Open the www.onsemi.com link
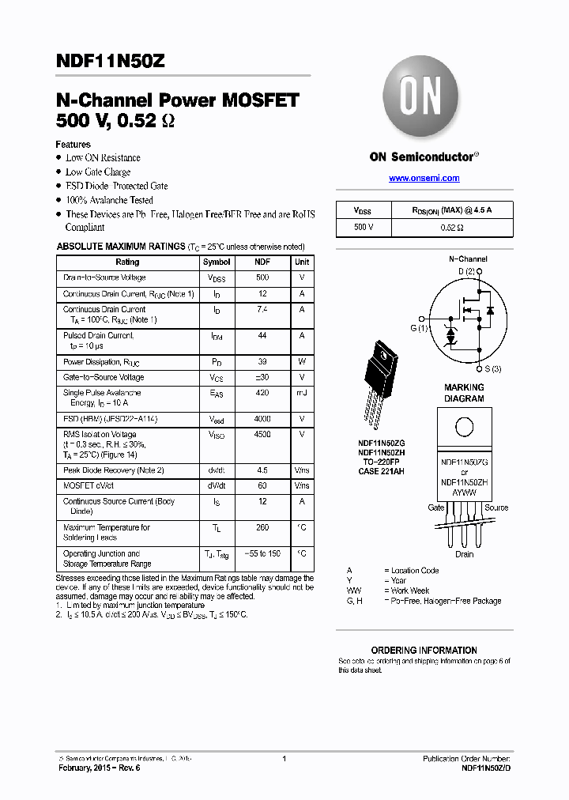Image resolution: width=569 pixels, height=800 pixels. pyautogui.click(x=424, y=178)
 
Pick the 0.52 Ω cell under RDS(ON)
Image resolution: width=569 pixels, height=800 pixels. pyautogui.click(x=451, y=227)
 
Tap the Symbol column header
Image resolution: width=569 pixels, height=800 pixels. pyautogui.click(x=217, y=262)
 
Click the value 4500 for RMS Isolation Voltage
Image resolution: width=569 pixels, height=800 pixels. pyautogui.click(x=262, y=434)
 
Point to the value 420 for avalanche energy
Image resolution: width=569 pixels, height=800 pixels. pyautogui.click(x=262, y=393)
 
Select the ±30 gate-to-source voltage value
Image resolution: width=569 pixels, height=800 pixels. pyautogui.click(x=262, y=377)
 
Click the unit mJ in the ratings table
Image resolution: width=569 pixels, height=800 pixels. pyautogui.click(x=302, y=393)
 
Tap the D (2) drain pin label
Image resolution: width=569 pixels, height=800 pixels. pyautogui.click(x=467, y=272)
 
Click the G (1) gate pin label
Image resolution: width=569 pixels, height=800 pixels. pyautogui.click(x=418, y=327)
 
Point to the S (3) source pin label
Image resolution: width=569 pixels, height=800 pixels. pyautogui.click(x=492, y=369)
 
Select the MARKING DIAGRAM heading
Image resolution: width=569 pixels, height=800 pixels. pyautogui.click(x=464, y=393)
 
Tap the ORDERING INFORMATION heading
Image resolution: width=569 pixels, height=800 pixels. pyautogui.click(x=424, y=650)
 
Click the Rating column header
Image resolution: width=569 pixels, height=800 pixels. pyautogui.click(x=127, y=262)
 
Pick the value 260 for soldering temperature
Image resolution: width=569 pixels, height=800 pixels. pyautogui.click(x=262, y=527)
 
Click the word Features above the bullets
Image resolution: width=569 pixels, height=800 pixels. pyautogui.click(x=73, y=145)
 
